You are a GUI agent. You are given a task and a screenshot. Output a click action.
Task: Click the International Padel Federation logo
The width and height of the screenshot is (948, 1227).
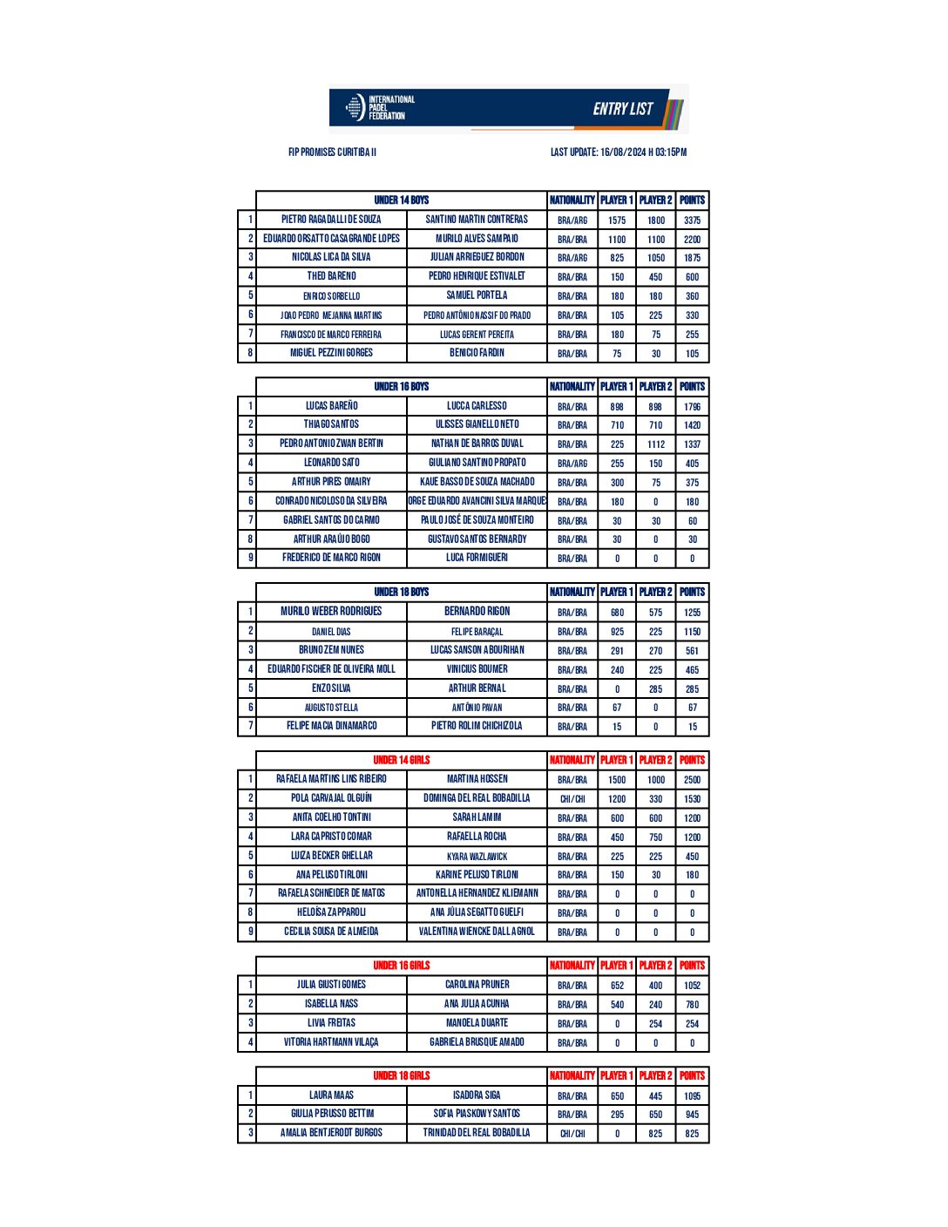[x=379, y=107]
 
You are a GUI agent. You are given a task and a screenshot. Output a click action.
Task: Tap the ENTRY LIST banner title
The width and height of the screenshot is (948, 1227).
[x=622, y=109]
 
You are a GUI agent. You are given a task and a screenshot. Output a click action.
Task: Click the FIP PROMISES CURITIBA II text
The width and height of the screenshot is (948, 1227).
[x=332, y=153]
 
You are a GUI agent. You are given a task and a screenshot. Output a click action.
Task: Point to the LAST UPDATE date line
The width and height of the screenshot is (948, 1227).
[x=618, y=153]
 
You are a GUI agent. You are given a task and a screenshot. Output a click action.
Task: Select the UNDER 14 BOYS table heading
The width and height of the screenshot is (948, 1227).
[x=401, y=200]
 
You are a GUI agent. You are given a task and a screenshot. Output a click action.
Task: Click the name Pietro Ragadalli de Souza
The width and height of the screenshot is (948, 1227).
[x=331, y=220]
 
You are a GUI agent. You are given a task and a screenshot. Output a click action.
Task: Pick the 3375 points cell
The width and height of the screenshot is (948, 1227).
[x=692, y=220]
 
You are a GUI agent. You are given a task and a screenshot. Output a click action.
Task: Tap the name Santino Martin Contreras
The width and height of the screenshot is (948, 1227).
[x=477, y=220]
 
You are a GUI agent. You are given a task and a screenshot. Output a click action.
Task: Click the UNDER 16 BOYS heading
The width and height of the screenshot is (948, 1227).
[x=401, y=387]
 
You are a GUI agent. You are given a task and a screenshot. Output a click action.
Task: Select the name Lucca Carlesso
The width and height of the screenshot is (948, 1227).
[x=477, y=406]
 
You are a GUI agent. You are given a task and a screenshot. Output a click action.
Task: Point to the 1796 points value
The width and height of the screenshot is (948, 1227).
[x=692, y=407]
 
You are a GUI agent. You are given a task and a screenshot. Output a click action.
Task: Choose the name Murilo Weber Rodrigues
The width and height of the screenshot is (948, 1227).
[x=331, y=612]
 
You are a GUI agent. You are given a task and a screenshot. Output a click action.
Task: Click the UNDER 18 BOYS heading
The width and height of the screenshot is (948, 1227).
[x=401, y=593]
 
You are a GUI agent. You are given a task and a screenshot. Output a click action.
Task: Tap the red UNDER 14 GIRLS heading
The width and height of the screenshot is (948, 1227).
[x=401, y=760]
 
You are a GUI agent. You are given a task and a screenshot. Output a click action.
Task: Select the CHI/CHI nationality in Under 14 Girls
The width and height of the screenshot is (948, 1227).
[x=572, y=799]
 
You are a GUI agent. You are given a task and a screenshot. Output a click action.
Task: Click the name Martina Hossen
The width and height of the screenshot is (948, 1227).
[x=477, y=779]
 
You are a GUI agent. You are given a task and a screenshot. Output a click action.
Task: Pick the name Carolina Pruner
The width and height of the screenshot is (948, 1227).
[x=477, y=985]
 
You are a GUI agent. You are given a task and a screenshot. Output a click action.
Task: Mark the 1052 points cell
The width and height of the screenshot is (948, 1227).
[x=692, y=986]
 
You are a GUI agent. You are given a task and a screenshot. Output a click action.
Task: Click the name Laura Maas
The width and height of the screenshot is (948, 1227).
[x=331, y=1095]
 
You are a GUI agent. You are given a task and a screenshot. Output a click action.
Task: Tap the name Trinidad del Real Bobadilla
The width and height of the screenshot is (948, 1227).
[x=477, y=1133]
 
